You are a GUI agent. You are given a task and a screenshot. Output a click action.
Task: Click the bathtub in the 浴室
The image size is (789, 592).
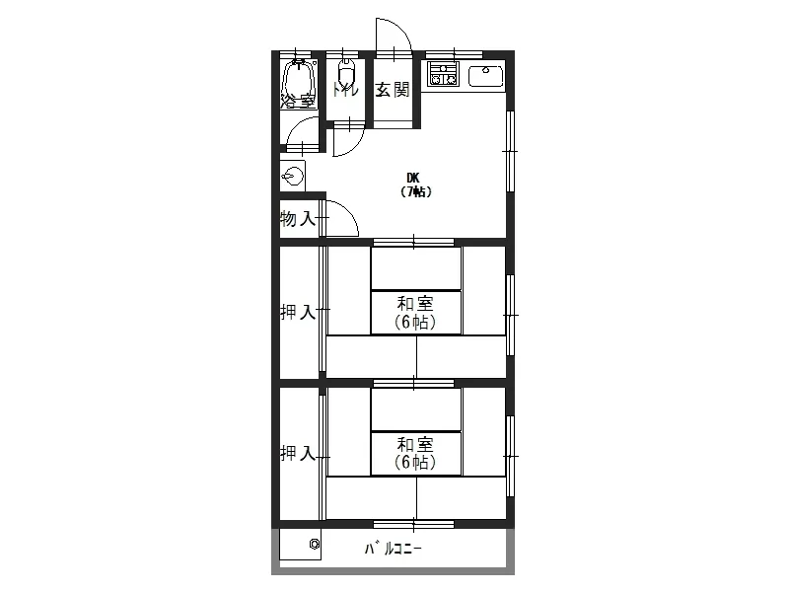point(299,82)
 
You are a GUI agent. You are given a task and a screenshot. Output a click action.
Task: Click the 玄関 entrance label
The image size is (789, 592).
point(393,90)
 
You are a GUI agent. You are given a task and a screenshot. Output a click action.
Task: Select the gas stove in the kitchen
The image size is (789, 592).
point(443,73)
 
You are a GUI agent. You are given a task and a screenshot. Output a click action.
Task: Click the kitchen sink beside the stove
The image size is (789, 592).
point(486,77)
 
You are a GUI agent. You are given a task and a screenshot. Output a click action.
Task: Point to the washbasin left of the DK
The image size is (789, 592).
point(293,177)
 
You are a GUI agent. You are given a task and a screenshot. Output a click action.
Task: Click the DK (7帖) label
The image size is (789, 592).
point(414,185)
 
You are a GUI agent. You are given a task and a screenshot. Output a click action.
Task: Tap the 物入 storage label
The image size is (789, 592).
point(298,219)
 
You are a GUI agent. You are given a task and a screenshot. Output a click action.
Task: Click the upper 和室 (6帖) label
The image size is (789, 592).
point(415,313)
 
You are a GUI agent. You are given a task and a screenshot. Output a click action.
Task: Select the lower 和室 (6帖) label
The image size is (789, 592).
point(415,454)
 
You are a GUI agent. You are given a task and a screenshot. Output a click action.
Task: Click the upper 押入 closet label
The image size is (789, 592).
point(298,313)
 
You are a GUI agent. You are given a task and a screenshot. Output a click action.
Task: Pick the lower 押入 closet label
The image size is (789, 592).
point(298,454)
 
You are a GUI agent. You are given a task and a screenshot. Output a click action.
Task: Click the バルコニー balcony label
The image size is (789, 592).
point(393,549)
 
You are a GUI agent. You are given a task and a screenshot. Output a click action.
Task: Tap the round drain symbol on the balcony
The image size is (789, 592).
point(315,544)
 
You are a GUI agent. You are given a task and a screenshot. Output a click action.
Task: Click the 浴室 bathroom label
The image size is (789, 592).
point(299,102)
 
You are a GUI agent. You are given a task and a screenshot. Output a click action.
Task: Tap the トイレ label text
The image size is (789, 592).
point(346,90)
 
